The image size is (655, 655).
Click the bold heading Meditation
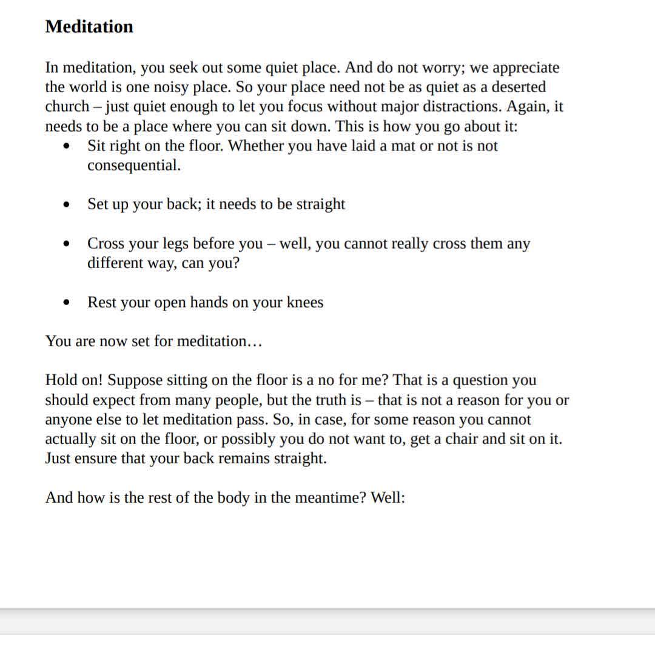pos(89,27)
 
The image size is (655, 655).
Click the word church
pos(67,107)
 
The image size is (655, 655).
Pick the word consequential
pos(133,166)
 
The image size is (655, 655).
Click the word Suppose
pos(135,381)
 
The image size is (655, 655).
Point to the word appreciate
pos(526,68)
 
